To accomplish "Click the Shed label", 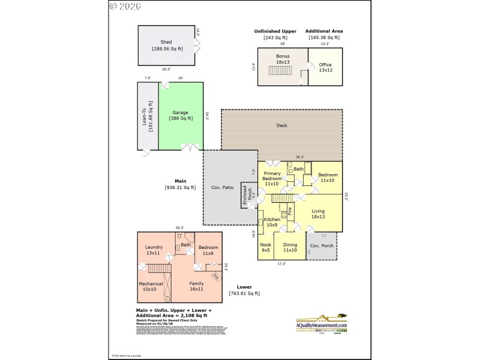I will pyautogui.click(x=166, y=42).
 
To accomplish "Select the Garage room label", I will pyautogui.click(x=181, y=112).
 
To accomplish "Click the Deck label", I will pyautogui.click(x=281, y=125).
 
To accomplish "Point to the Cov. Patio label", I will pyautogui.click(x=221, y=188).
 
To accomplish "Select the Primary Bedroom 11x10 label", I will pyautogui.click(x=272, y=178).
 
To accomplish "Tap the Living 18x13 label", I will pyautogui.click(x=318, y=214).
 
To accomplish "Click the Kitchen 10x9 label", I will pyautogui.click(x=272, y=223).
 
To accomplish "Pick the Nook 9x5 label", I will pyautogui.click(x=265, y=247).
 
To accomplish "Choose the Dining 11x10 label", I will pyautogui.click(x=290, y=247).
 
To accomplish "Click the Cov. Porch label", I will pyautogui.click(x=322, y=245).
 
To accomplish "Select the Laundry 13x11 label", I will pyautogui.click(x=154, y=250).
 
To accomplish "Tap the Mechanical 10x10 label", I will pyautogui.click(x=151, y=286).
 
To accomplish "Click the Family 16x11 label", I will pyautogui.click(x=197, y=286).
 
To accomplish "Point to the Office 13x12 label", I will pyautogui.click(x=325, y=67).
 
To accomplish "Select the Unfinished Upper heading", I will pyautogui.click(x=275, y=31).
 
